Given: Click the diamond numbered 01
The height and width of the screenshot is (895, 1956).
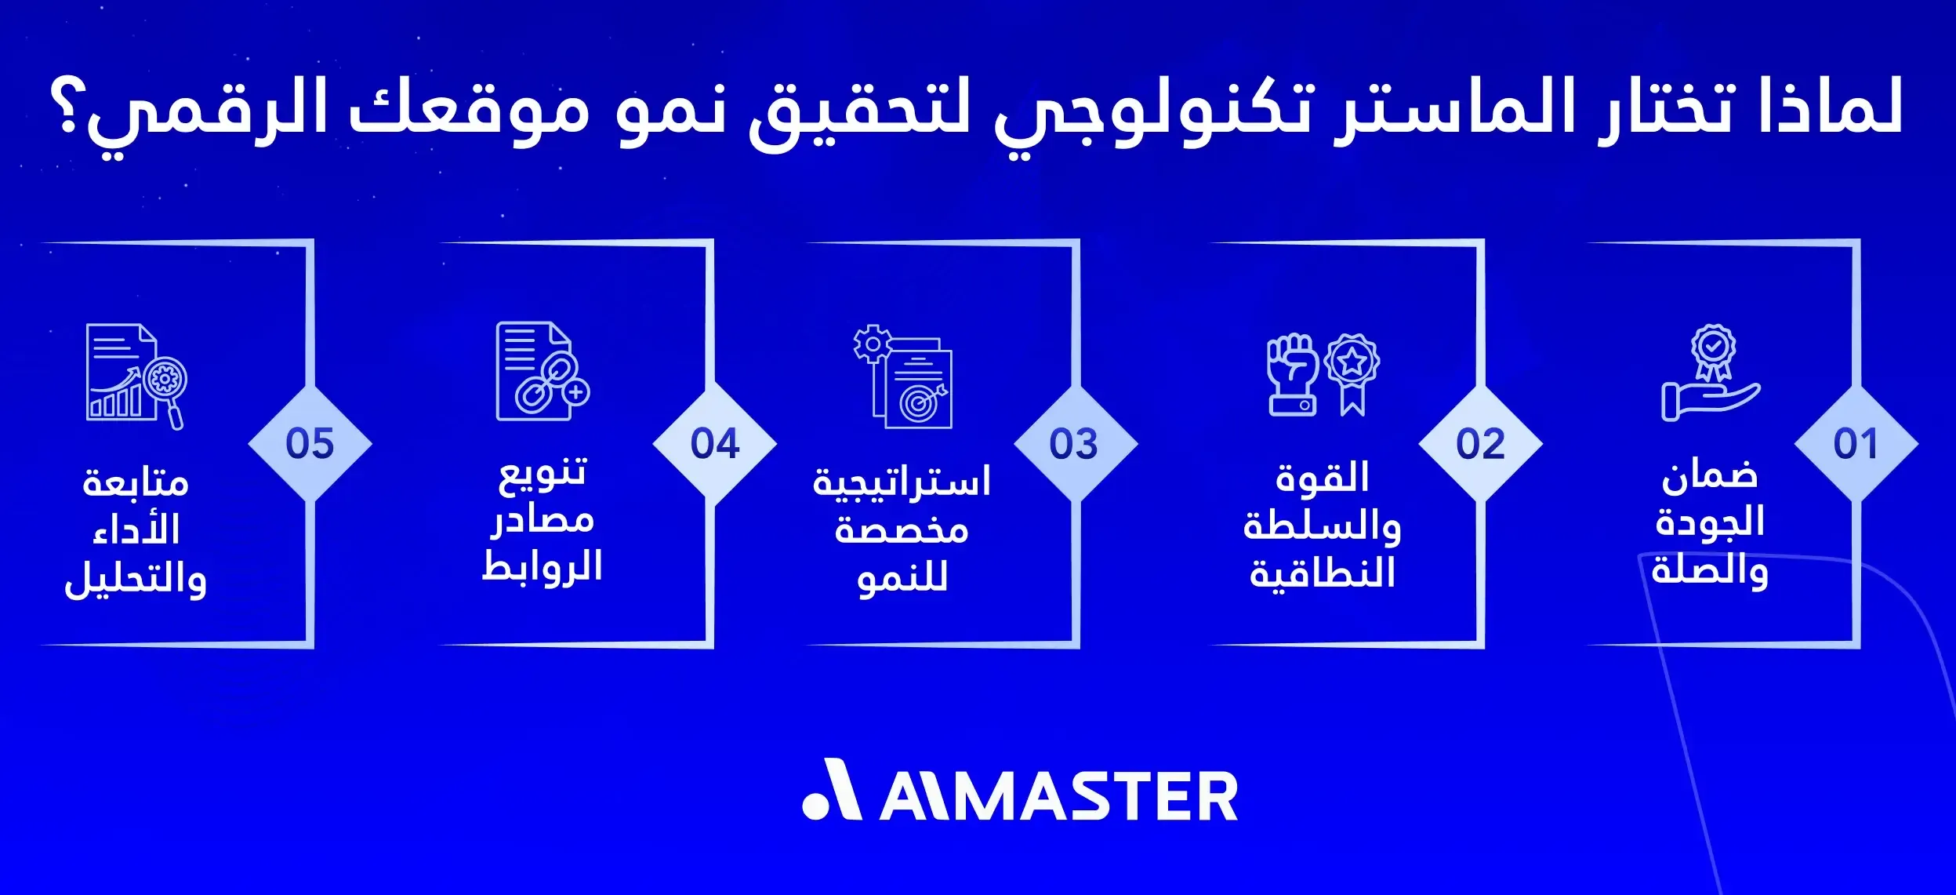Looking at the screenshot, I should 1856,443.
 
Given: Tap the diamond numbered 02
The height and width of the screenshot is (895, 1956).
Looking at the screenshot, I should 1480,443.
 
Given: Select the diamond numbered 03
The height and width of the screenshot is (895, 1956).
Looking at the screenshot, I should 1075,443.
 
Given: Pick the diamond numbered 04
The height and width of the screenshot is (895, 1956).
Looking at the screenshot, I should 714,443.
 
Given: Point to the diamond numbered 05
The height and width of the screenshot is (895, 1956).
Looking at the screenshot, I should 310,443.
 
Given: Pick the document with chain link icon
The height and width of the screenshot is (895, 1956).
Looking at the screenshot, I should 542,372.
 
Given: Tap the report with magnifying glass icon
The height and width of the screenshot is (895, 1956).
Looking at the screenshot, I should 136,376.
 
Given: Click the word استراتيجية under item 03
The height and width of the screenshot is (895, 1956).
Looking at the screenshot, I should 902,482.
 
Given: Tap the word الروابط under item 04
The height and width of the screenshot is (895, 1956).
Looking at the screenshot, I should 542,566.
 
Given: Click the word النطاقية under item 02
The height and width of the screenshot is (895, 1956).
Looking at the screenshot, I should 1323,573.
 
